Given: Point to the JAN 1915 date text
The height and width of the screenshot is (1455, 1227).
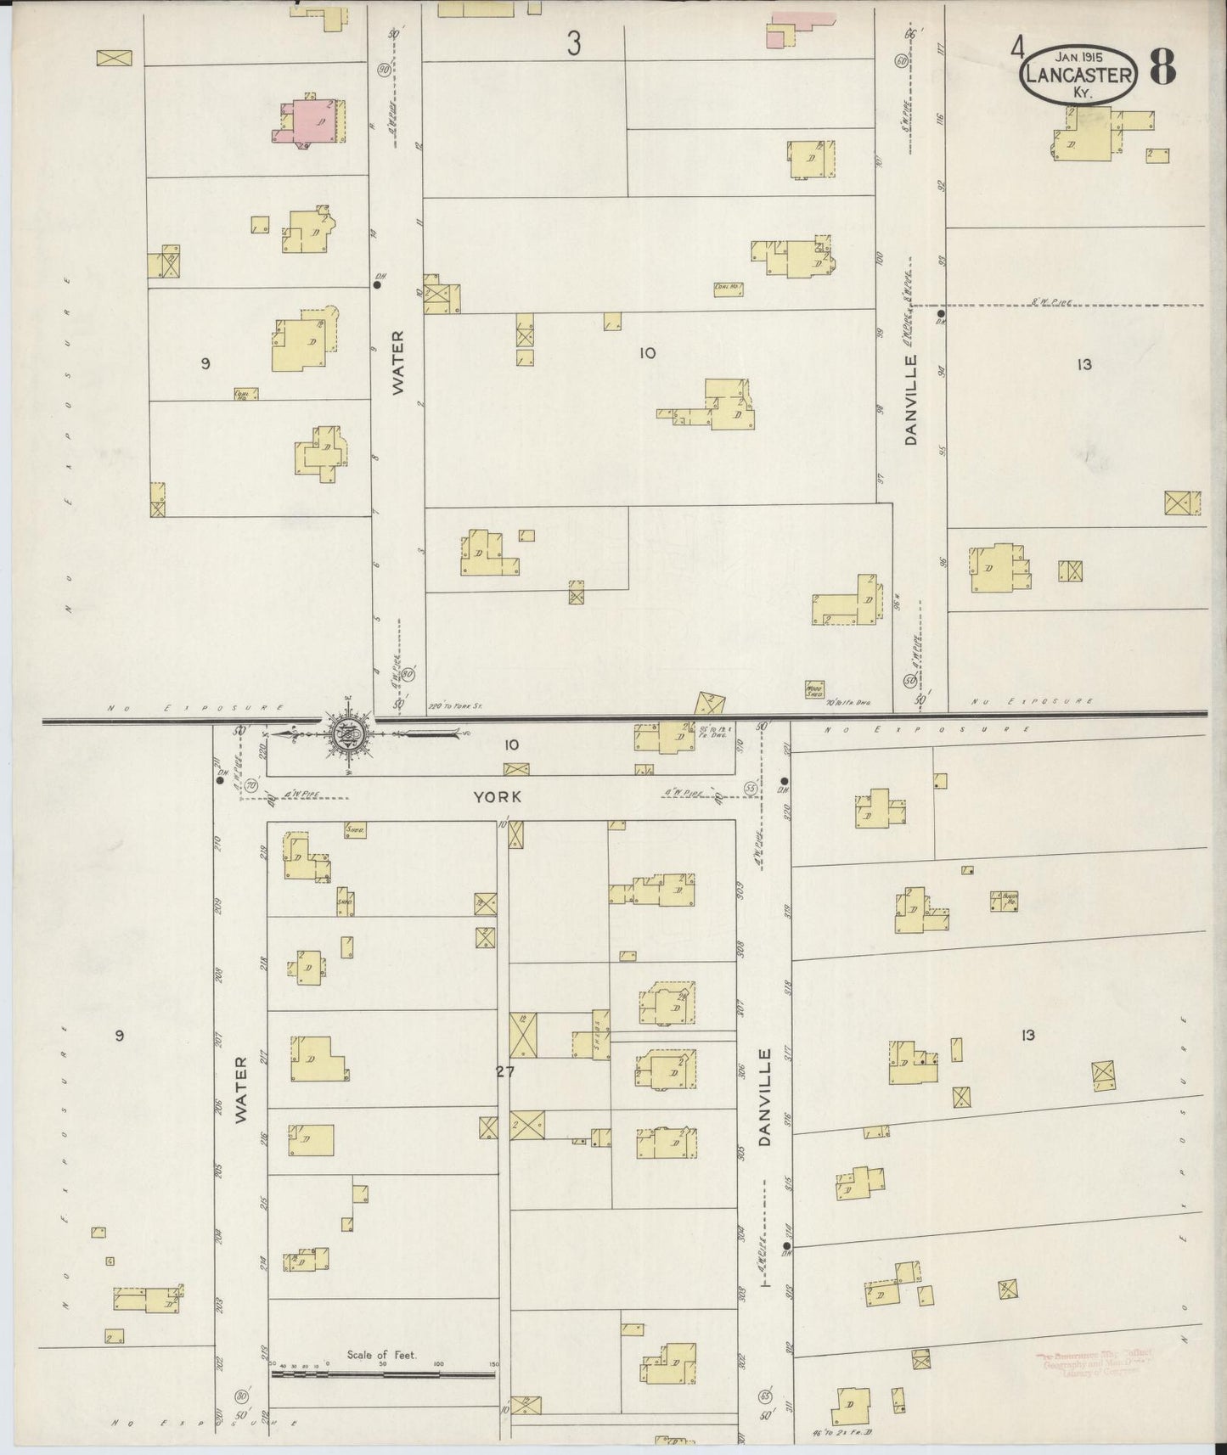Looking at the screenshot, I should [1078, 55].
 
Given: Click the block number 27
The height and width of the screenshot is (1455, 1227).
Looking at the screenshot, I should [506, 1072].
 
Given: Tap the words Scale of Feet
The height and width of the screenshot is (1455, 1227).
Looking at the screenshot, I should [380, 1355].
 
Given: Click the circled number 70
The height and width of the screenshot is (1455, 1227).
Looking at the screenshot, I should [250, 787].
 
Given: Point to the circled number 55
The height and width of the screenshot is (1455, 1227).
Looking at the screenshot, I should [750, 789].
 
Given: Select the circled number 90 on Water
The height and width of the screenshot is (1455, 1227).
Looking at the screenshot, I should [384, 70].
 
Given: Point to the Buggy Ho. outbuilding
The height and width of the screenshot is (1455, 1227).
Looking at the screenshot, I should [1005, 901].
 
